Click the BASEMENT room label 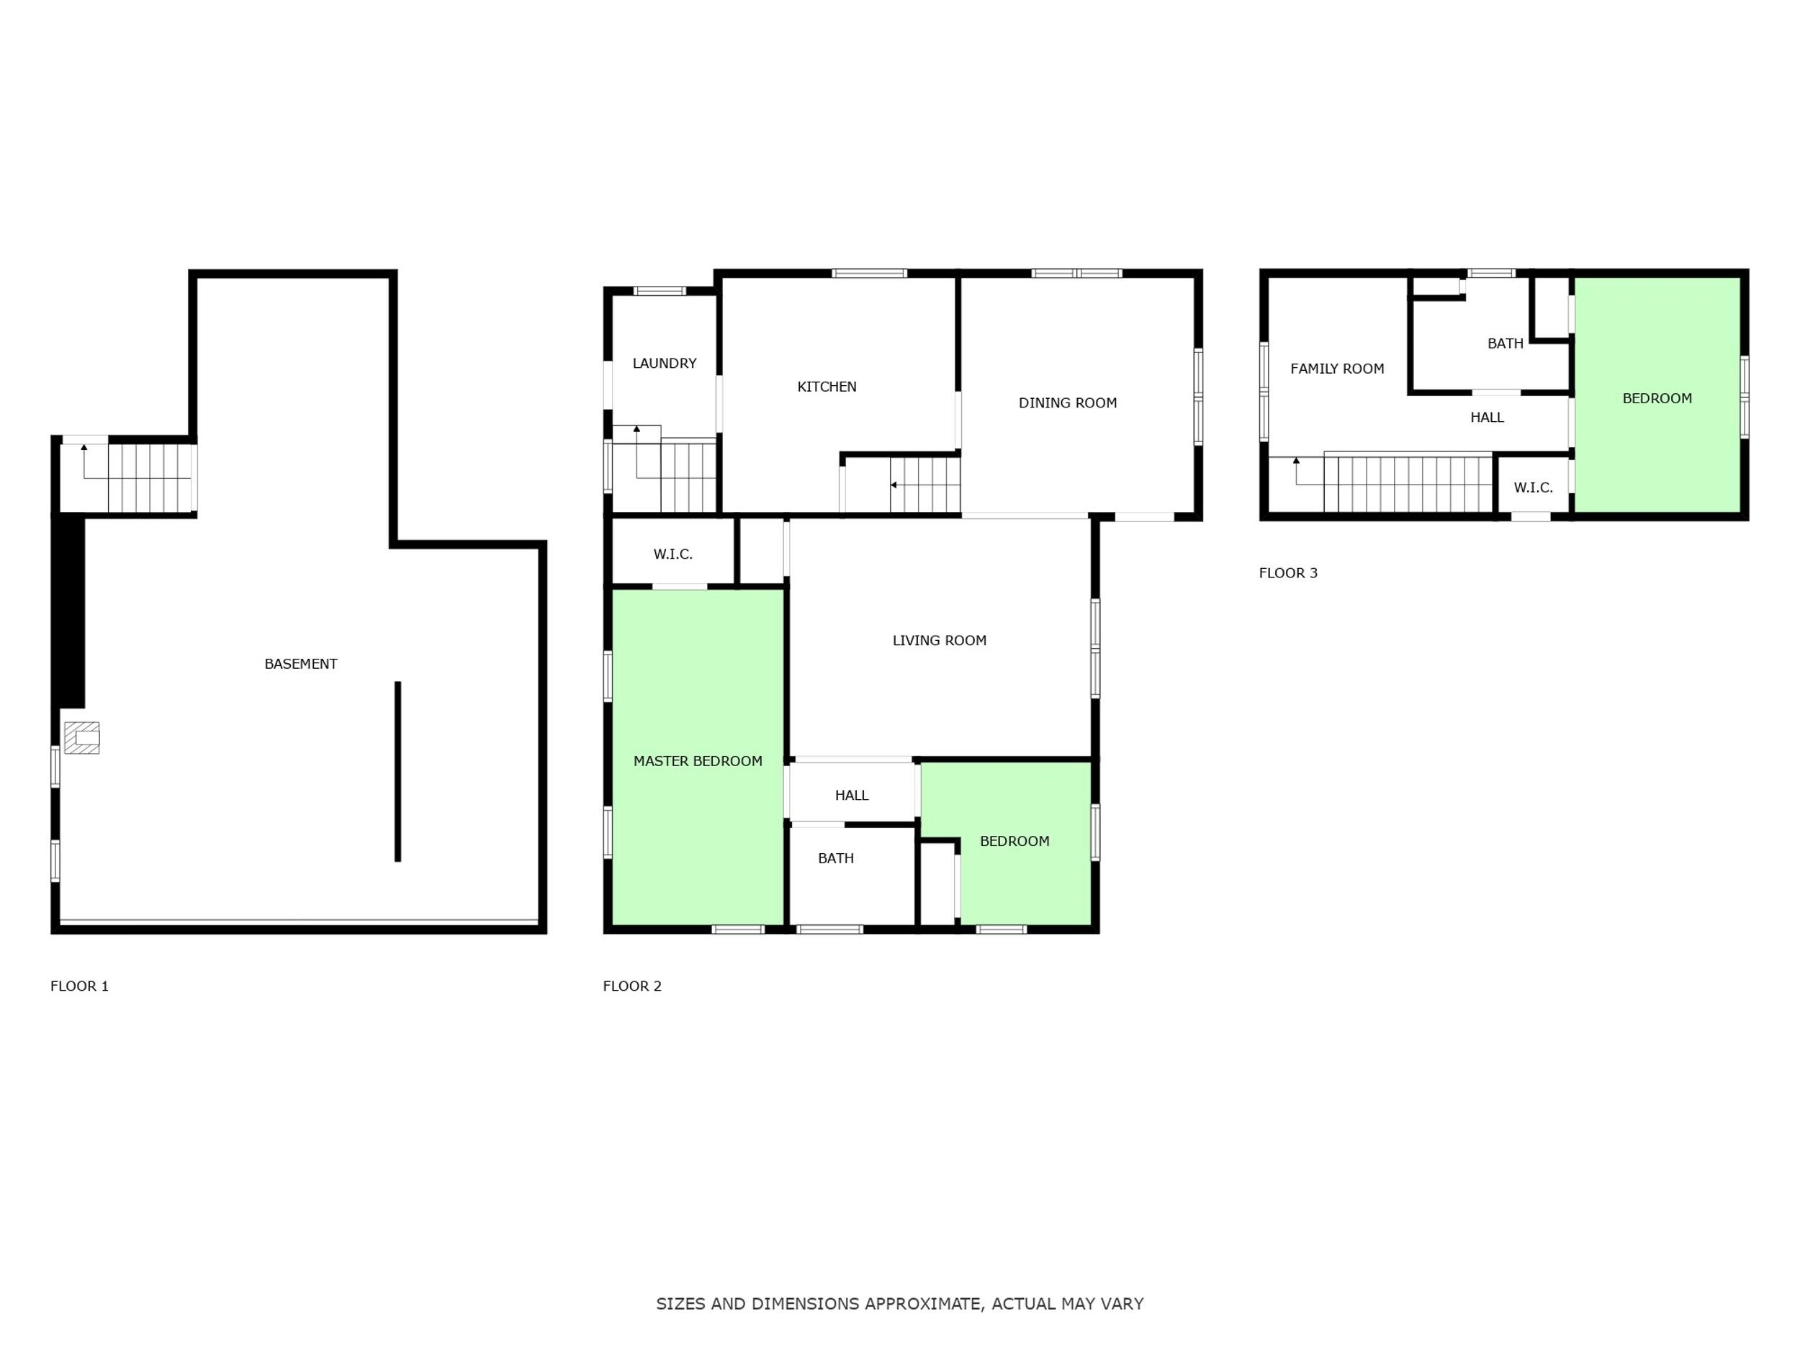click(300, 664)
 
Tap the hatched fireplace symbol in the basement click(82, 738)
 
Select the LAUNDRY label click(664, 364)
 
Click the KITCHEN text click(827, 387)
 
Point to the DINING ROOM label click(1068, 402)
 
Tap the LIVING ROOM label click(939, 640)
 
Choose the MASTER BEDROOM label click(698, 761)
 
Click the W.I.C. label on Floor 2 click(673, 554)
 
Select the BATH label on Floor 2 click(836, 858)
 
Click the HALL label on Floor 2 click(851, 795)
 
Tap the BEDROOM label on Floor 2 click(1014, 842)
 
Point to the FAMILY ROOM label click(1337, 369)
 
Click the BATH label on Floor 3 click(1506, 343)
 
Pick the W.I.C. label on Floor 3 click(1533, 487)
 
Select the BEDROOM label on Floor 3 click(1657, 398)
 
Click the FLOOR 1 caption click(79, 986)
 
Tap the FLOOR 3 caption click(1288, 573)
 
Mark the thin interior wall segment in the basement click(398, 771)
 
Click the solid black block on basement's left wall click(69, 612)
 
